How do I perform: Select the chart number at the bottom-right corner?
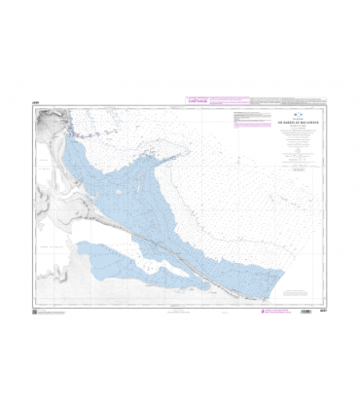point(322,312)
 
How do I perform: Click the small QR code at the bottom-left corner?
point(36,312)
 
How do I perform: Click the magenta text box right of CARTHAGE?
point(229,99)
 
